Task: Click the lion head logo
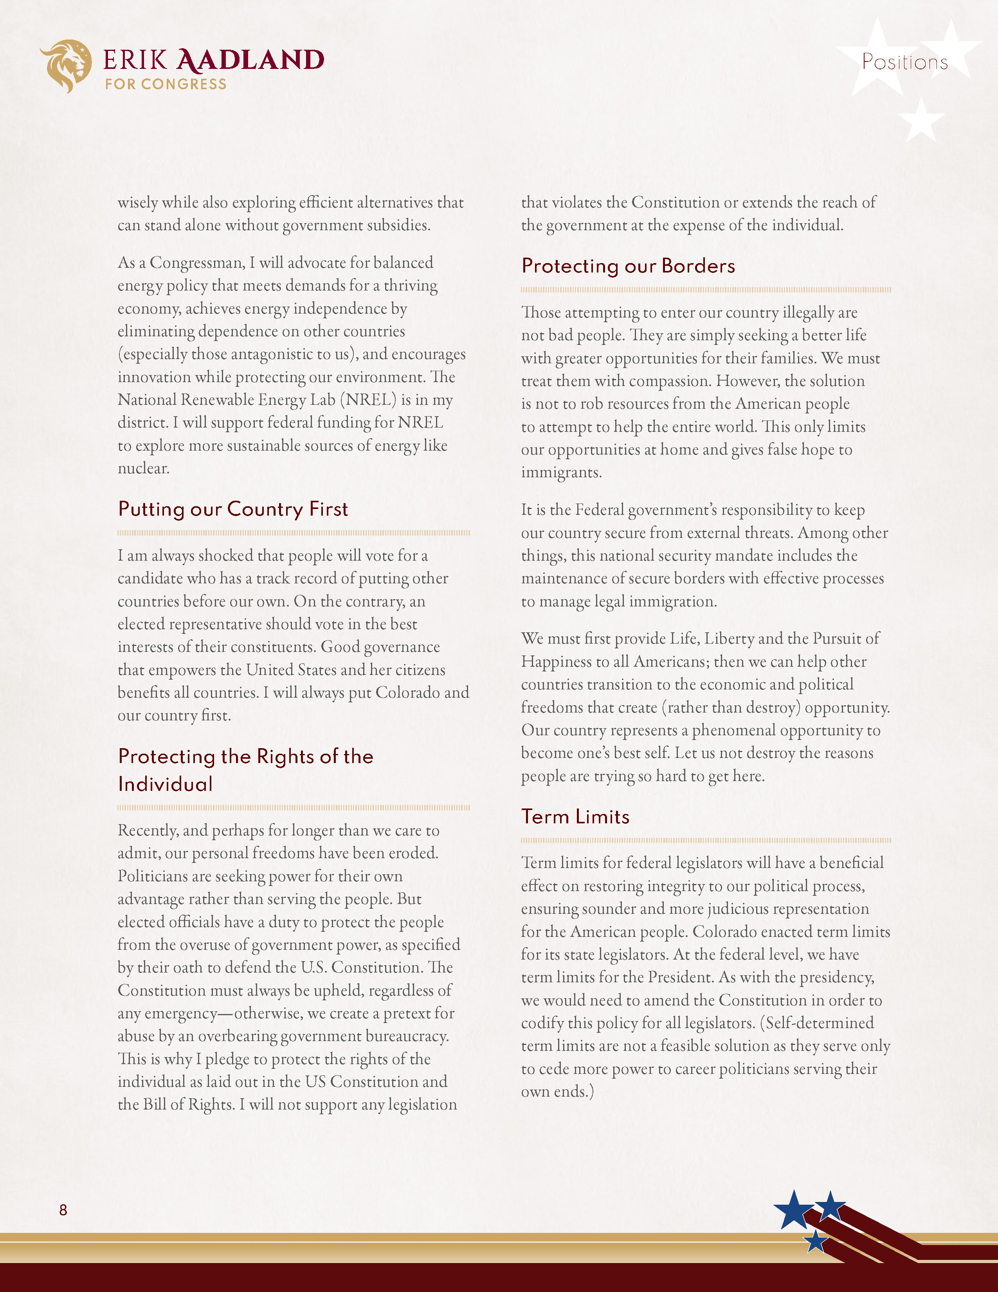[66, 65]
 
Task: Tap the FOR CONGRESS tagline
[166, 85]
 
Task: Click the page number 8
[63, 1210]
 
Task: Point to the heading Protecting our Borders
[628, 266]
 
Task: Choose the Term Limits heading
[575, 817]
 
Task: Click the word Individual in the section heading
[166, 785]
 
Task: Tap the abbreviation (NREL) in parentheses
[368, 400]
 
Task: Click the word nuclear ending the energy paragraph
[144, 469]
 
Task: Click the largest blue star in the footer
[794, 1210]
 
